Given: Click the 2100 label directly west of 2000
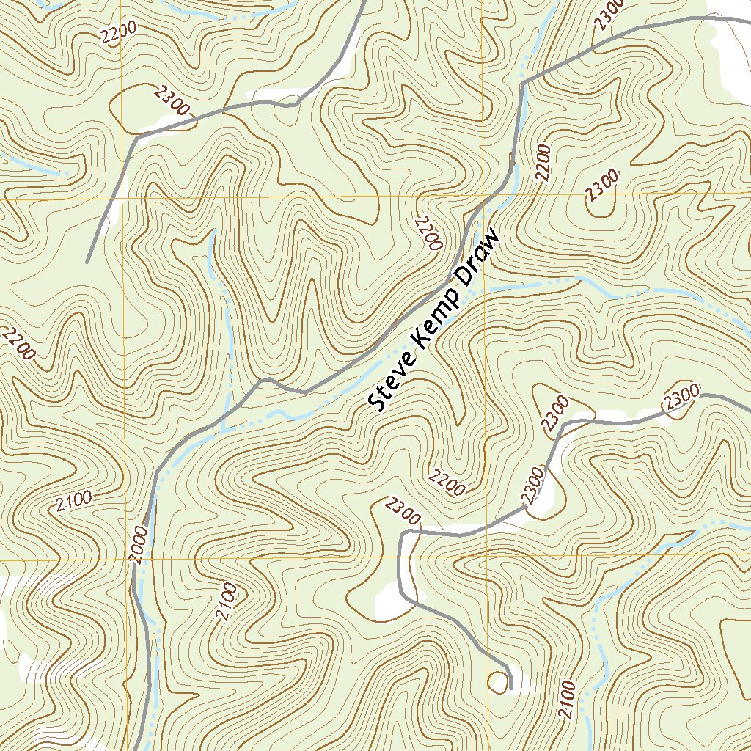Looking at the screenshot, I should point(74,502).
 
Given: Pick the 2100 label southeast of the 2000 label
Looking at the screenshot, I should point(227,601).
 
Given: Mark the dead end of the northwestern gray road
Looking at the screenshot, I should point(87,262).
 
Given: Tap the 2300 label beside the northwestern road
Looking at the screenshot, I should point(172,100).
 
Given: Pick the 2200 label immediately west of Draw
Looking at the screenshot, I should point(428,233).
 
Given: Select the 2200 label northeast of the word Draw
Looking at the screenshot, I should point(543,162).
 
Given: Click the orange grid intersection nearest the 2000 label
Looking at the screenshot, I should point(123,560).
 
